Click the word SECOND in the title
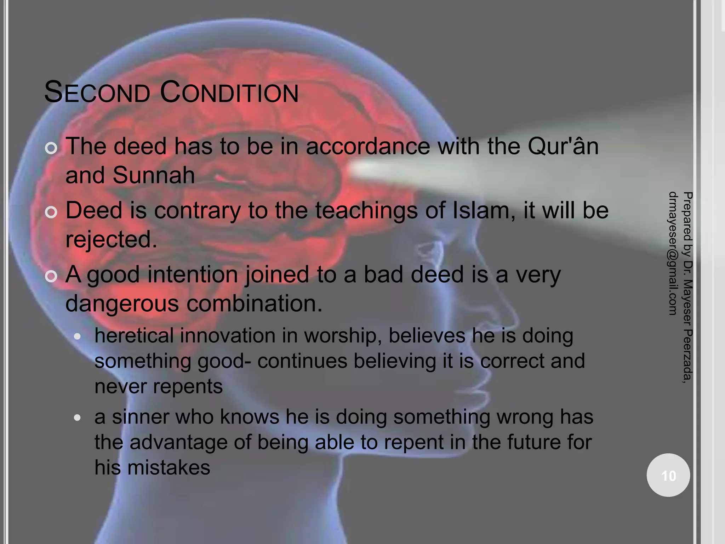(97, 92)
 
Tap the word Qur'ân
(563, 146)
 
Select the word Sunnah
(154, 175)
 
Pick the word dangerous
(122, 304)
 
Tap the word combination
(254, 304)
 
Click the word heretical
(134, 335)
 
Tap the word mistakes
(169, 467)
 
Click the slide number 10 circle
(668, 475)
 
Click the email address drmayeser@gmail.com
(673, 253)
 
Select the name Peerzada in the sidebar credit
(687, 354)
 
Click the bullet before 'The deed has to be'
(51, 148)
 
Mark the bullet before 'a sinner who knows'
(78, 418)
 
